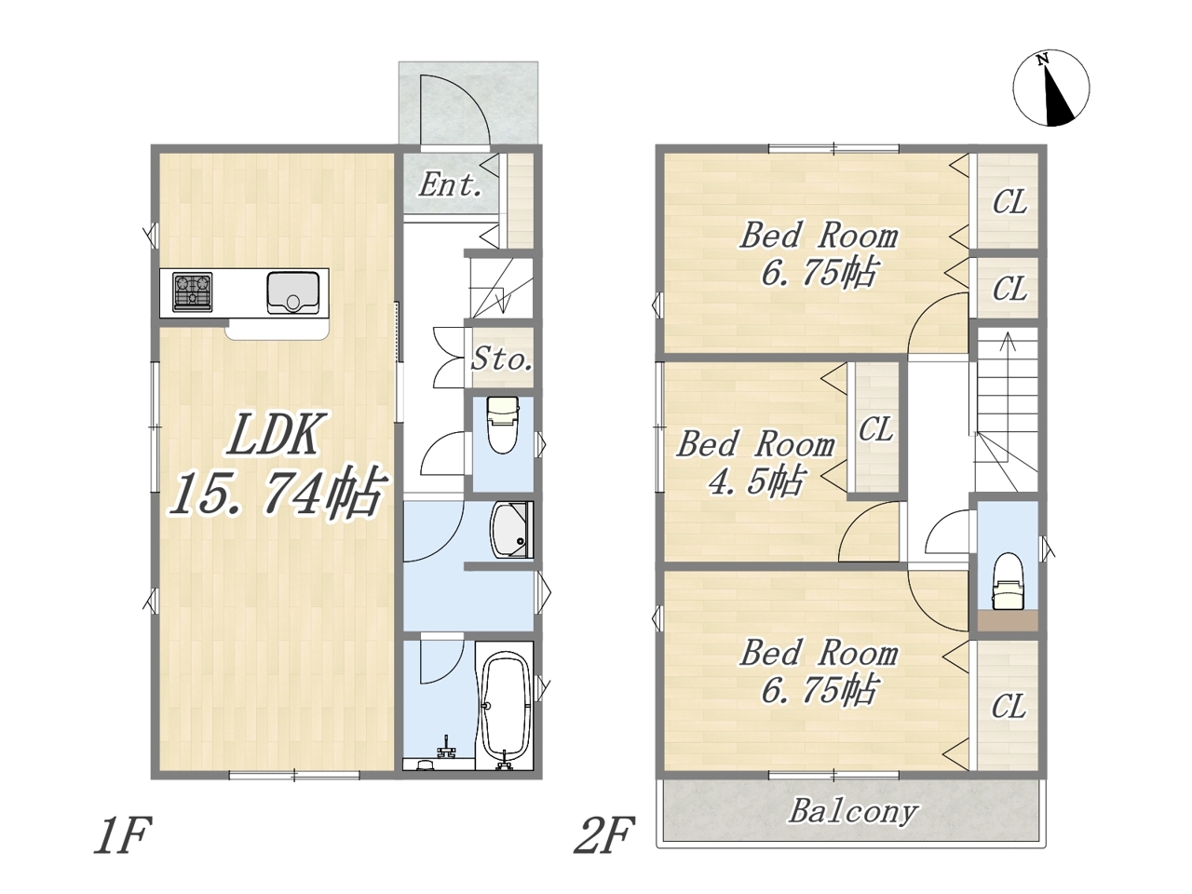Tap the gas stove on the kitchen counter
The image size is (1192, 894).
[192, 292]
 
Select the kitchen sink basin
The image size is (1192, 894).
[292, 292]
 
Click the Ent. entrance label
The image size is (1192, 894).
[450, 185]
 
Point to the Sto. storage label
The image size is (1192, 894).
[501, 359]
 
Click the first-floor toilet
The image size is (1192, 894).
[503, 425]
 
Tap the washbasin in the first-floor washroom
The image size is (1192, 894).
[511, 530]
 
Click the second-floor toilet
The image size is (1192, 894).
[1008, 581]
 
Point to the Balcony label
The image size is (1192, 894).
[854, 813]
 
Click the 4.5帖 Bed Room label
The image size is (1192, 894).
[756, 463]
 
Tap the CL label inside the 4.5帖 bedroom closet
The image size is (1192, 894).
[875, 429]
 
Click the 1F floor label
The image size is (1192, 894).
[120, 835]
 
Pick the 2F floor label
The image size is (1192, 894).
[604, 835]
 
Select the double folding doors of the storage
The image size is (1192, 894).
[449, 357]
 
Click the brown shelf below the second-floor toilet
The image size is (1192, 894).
[1008, 620]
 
